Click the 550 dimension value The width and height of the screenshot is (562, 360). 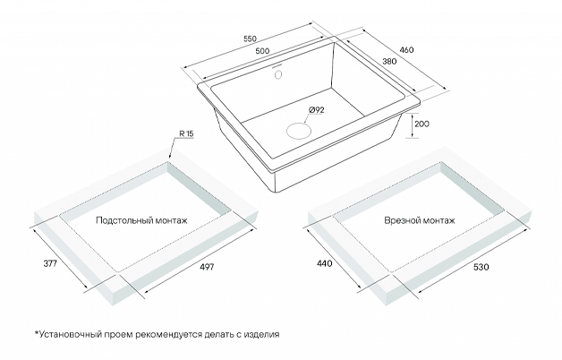coord(251,39)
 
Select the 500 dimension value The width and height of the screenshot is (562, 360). coord(262,51)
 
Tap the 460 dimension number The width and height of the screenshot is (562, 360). coord(406,50)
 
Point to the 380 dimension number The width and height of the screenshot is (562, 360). coord(389,61)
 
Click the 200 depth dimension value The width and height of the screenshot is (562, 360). coord(421,124)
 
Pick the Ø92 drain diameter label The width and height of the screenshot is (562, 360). coord(316,110)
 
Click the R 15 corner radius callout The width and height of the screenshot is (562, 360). coord(186,133)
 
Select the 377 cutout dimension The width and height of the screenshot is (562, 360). coord(50,263)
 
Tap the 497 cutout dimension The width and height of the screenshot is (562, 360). coord(207,267)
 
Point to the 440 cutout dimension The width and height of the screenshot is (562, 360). coord(325,263)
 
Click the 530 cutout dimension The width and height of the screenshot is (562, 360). coord(481,267)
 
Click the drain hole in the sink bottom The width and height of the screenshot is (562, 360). coord(299,131)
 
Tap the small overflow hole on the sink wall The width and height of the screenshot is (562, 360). coord(278,74)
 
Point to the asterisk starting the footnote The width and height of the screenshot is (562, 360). coord(36,333)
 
